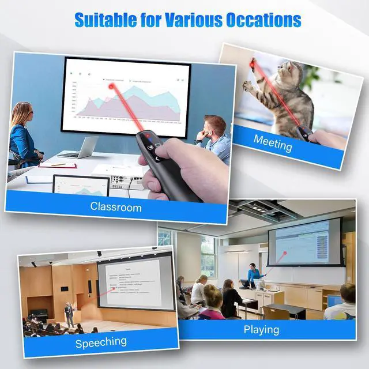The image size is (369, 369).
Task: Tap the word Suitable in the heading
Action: (104, 20)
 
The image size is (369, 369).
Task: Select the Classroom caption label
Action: (116, 206)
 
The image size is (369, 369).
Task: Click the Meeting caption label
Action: (273, 142)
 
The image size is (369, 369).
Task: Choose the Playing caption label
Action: (261, 329)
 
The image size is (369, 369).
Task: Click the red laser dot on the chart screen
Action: (111, 86)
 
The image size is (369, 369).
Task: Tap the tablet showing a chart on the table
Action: (81, 186)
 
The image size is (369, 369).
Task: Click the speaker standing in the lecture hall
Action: (69, 314)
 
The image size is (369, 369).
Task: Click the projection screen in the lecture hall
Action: (136, 282)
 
